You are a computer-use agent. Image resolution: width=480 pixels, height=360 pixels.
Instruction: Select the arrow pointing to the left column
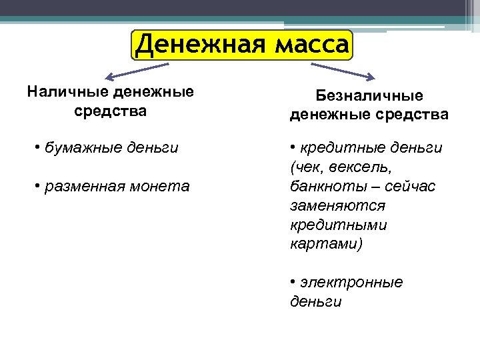[x=137, y=70]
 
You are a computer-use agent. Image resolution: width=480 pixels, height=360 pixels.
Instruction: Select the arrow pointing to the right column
[x=344, y=70]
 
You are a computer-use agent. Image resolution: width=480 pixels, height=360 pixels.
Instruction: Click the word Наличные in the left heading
[x=67, y=91]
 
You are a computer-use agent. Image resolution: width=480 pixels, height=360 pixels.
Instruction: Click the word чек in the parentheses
[x=305, y=166]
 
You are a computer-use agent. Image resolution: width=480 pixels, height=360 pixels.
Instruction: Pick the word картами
[x=325, y=244]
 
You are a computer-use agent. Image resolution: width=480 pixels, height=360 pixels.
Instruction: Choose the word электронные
[x=351, y=283]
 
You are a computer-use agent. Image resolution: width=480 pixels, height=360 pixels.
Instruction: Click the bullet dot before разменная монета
[x=37, y=187]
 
